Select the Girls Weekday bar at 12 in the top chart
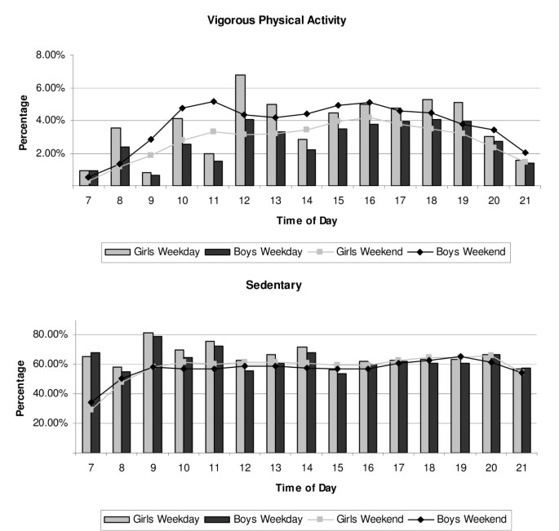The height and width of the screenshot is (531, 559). pyautogui.click(x=218, y=131)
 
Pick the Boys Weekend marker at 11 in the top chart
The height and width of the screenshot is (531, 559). pyautogui.click(x=213, y=101)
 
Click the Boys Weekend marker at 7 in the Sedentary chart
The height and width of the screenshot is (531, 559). pyautogui.click(x=90, y=402)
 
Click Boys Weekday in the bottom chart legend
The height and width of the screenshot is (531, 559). pyautogui.click(x=248, y=518)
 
